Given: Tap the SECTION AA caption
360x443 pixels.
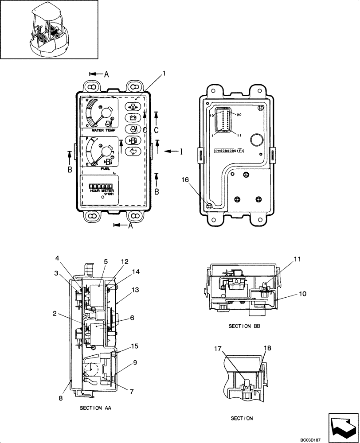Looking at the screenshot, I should tap(95, 408).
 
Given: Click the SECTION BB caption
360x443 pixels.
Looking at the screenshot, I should tap(243, 326).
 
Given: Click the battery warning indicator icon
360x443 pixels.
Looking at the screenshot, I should tap(132, 118).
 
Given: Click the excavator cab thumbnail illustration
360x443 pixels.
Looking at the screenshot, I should tap(49, 30).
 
